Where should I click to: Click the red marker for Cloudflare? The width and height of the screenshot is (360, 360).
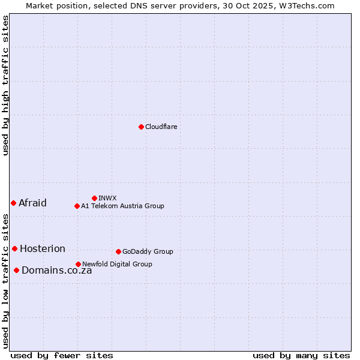tap(141, 127)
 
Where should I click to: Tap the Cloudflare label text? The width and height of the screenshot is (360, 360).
tap(161, 127)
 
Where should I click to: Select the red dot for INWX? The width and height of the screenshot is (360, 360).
tap(94, 198)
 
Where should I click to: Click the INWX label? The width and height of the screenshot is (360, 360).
tap(107, 198)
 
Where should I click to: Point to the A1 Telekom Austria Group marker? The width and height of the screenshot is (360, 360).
tap(77, 206)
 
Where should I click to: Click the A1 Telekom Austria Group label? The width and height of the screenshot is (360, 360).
tap(122, 206)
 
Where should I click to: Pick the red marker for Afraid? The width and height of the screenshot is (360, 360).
tap(13, 203)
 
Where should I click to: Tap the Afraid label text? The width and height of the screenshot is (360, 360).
tap(32, 203)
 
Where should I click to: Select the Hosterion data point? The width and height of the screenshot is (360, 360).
tap(14, 248)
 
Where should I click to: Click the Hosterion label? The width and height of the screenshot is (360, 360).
tap(43, 248)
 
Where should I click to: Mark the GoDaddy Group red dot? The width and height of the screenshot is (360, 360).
tap(118, 251)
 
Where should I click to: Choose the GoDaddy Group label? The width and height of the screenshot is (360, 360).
tap(148, 251)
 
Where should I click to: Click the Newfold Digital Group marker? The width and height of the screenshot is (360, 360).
tap(78, 264)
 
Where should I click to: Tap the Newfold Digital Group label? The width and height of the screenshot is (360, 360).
tap(117, 264)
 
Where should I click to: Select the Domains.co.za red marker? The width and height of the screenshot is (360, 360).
tap(16, 270)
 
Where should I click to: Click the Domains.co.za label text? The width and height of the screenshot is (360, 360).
tap(56, 270)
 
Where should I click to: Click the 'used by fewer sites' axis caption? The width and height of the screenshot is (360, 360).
tap(62, 355)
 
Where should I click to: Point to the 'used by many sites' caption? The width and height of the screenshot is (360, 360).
tap(301, 355)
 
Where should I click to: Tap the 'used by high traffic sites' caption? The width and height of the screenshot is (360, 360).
tap(6, 85)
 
